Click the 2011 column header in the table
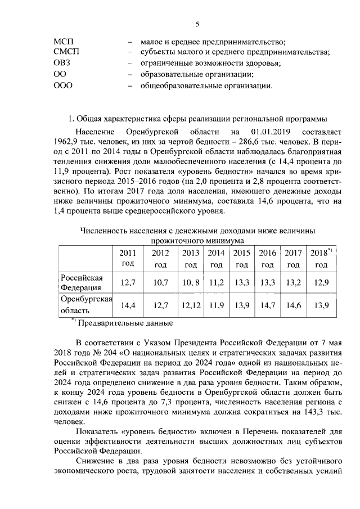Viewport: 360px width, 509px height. tap(128, 259)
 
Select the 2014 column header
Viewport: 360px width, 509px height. tap(217, 259)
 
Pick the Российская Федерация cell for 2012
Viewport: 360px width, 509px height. tap(160, 283)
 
